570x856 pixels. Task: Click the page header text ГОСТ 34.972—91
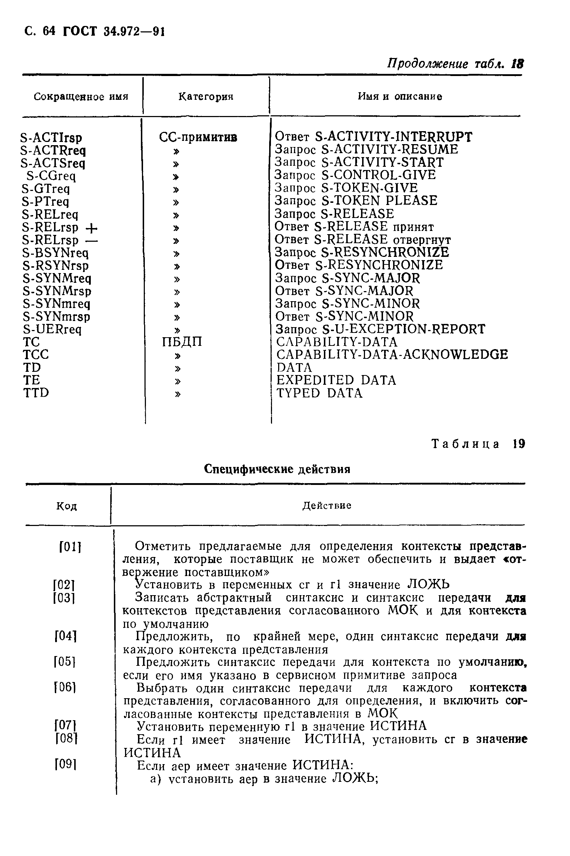coord(114,32)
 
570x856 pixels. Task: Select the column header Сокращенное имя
coord(81,97)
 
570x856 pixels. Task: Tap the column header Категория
coord(206,97)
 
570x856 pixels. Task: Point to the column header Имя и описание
coord(400,96)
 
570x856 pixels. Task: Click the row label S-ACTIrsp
coord(52,138)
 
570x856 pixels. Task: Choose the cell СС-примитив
coord(198,137)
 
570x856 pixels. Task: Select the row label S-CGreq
coord(51,176)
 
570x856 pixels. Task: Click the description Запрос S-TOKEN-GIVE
coord(346,188)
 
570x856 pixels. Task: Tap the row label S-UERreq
coord(52,330)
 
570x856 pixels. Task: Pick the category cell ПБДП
coord(182,342)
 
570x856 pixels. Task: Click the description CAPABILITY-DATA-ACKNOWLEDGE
coord(392,355)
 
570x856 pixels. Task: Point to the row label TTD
coord(36,393)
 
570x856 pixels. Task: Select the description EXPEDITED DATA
coord(336,380)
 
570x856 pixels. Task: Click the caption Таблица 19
coord(478,444)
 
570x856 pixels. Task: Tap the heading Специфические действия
coord(277,469)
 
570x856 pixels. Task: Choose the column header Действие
coord(326,505)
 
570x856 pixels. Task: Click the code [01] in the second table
coord(70,547)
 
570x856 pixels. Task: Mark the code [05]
coord(65,662)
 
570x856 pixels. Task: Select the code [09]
coord(66,765)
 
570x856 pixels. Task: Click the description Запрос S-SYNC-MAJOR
coord(347,278)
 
